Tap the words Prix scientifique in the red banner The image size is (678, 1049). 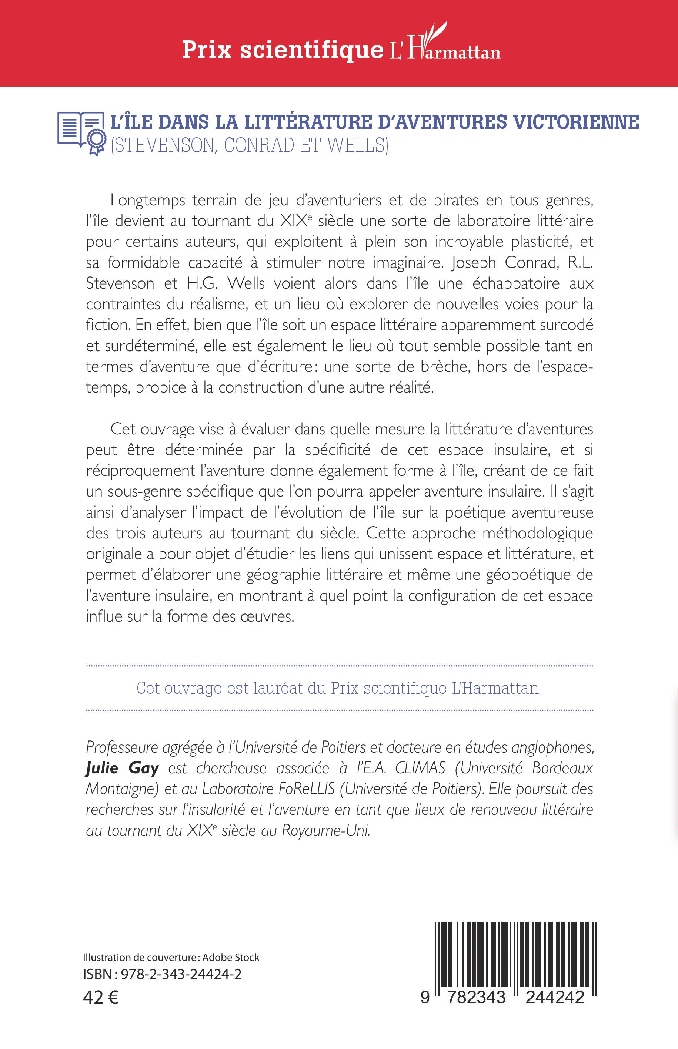283,50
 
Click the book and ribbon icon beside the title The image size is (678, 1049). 81,132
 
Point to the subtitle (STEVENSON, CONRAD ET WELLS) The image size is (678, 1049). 249,145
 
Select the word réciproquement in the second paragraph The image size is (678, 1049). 140,471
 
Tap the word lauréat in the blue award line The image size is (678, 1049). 278,688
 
